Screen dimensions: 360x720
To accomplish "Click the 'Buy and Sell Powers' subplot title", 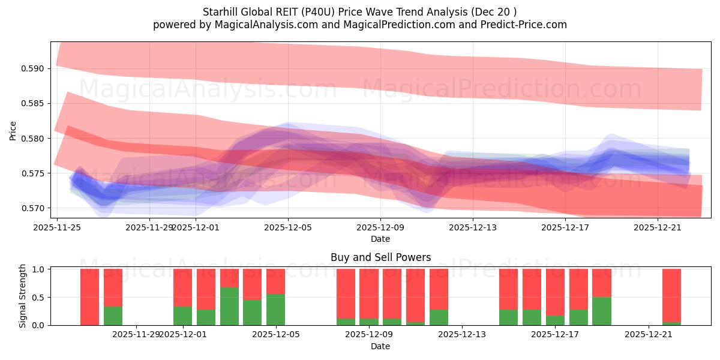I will click(x=380, y=257).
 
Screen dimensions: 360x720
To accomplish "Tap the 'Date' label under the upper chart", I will click(x=380, y=239).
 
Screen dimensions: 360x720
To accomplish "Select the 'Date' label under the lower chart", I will click(x=380, y=346).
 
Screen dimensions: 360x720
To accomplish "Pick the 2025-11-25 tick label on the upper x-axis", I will click(x=57, y=227).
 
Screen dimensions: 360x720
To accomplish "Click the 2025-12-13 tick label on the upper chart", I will click(x=473, y=227).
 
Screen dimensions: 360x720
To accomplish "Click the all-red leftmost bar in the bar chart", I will click(x=89, y=297).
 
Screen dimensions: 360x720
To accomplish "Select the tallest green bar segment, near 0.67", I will click(x=229, y=306).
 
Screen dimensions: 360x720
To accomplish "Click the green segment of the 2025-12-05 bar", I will click(x=275, y=310).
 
